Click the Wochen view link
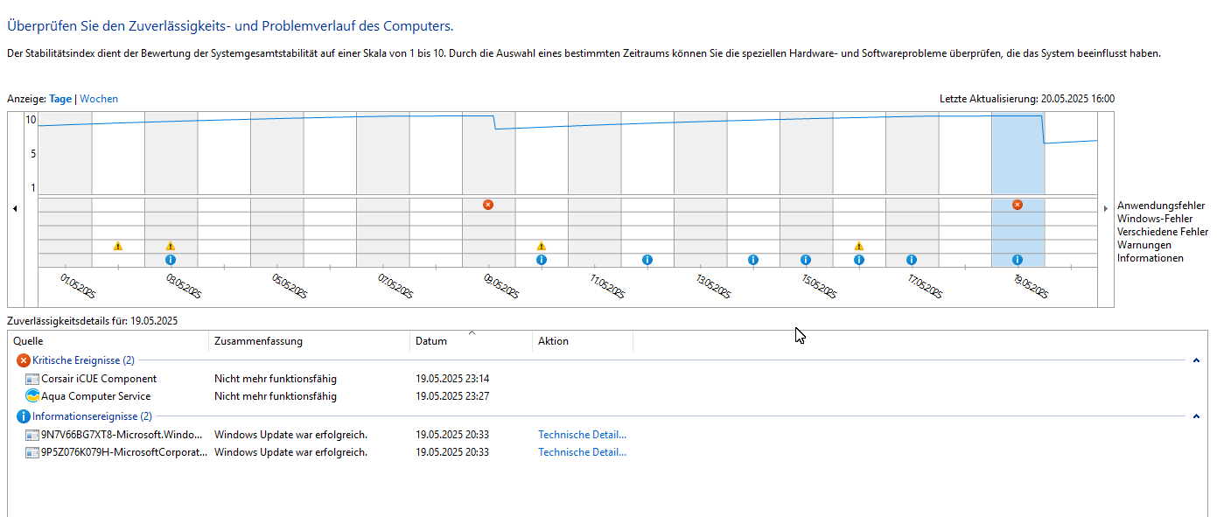tap(99, 99)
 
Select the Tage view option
tap(60, 99)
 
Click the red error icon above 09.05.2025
tap(488, 205)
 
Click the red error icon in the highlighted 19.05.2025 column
tap(1018, 205)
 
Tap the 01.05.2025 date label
tap(77, 285)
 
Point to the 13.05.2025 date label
tap(713, 285)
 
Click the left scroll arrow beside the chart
tap(15, 208)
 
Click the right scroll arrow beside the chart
tap(1106, 208)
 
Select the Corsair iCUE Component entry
tap(99, 379)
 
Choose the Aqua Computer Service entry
tap(95, 396)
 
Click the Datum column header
tap(431, 341)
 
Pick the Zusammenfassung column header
tap(258, 341)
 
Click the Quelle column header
tap(28, 341)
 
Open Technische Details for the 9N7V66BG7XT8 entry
tap(582, 435)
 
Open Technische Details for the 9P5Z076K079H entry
tap(582, 452)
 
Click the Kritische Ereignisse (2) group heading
tap(83, 360)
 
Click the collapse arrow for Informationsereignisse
tap(1196, 416)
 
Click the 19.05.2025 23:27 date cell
tap(452, 396)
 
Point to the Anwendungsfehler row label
tap(1160, 206)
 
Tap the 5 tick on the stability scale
tap(31, 154)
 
